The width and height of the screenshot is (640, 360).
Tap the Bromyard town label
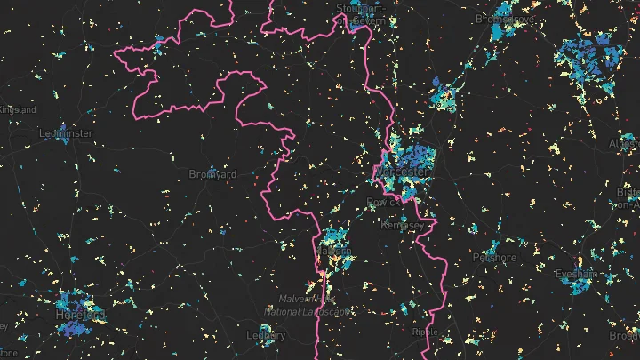(x=213, y=175)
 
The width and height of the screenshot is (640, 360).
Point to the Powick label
(x=384, y=203)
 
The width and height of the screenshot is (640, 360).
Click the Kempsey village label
(x=404, y=225)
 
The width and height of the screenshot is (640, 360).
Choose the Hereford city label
(x=82, y=316)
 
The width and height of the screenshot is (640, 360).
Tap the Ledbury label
(x=267, y=336)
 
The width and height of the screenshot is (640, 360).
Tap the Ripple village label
(x=426, y=332)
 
